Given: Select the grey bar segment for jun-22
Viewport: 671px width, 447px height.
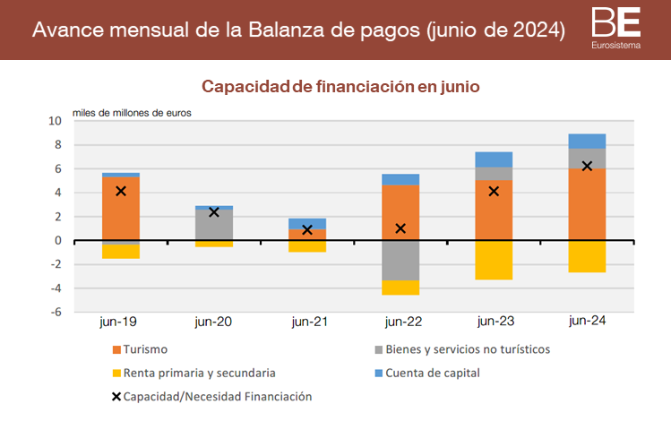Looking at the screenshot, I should coord(400,261).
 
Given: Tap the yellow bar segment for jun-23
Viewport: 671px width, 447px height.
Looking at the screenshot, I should coord(494,260).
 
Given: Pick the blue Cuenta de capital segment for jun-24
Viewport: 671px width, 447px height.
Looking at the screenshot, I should coord(588,141).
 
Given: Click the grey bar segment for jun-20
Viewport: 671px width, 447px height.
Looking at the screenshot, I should coord(214,225).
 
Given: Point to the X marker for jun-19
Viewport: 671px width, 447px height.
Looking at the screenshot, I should coord(121,191).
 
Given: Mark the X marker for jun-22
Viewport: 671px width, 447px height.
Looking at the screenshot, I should coord(400,228).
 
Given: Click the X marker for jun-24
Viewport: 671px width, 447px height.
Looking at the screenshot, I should coord(588,166).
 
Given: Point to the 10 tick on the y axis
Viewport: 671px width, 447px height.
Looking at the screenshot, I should coord(56,121).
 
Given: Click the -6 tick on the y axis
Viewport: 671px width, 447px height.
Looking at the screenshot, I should coord(56,313).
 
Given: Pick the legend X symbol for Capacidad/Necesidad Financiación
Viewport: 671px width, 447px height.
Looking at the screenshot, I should coord(116,396).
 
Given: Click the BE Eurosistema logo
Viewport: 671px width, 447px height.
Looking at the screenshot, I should coord(615,27).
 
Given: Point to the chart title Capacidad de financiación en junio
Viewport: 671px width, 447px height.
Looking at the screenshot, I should coord(340,87).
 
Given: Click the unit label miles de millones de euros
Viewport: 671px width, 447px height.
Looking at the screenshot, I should coord(132,113).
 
